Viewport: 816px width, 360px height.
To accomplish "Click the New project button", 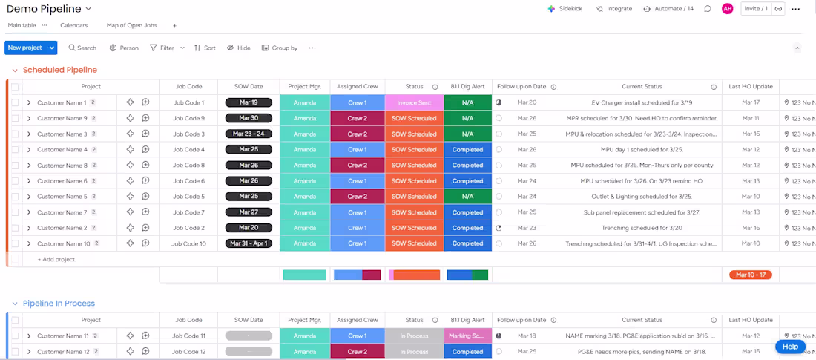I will tap(25, 48).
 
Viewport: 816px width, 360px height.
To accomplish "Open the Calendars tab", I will tap(74, 25).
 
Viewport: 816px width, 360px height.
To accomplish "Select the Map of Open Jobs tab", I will tap(132, 25).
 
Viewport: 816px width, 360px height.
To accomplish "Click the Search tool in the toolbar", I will tap(82, 48).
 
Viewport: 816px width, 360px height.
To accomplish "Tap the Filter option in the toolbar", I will tap(162, 48).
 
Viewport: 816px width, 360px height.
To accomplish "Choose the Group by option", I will tap(280, 48).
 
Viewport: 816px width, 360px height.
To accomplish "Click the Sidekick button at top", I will tap(565, 9).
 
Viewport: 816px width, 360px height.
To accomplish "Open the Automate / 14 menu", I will tap(668, 9).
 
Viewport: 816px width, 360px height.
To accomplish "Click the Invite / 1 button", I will tap(755, 9).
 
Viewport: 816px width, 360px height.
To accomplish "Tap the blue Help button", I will tap(790, 347).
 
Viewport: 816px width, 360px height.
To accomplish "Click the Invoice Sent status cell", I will tap(414, 103).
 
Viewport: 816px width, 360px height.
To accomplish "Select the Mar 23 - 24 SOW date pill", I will tap(249, 134).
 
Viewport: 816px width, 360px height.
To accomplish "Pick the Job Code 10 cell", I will tap(188, 243).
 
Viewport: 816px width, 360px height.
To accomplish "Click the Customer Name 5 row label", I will tap(62, 197).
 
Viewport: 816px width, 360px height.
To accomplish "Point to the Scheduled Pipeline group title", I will tap(60, 70).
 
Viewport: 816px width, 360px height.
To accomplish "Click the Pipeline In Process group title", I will tap(59, 304).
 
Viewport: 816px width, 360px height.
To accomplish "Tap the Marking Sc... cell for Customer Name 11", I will tap(467, 336).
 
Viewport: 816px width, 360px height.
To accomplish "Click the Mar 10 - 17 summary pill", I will tap(751, 275).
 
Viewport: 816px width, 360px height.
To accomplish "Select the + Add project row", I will tap(56, 260).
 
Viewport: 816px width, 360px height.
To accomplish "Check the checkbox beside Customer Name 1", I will tap(15, 103).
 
